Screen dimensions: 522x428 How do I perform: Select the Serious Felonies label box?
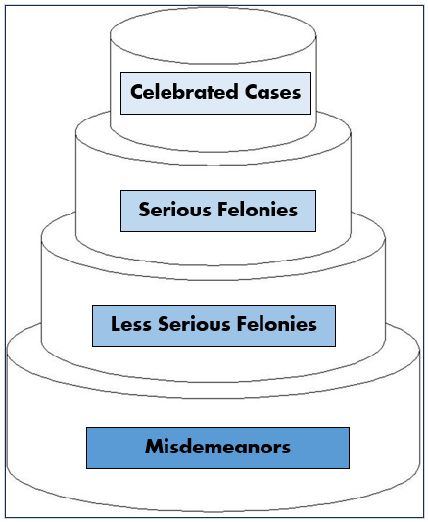(x=217, y=211)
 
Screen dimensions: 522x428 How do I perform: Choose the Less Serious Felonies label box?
(x=214, y=325)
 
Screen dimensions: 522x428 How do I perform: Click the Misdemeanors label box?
(x=217, y=448)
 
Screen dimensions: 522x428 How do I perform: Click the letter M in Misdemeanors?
(x=154, y=448)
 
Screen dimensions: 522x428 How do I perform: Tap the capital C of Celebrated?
(x=137, y=94)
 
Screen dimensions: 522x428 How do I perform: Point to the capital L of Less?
(x=115, y=325)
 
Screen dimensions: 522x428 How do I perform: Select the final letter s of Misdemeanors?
(x=286, y=448)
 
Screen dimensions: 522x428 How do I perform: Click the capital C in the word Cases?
(x=249, y=94)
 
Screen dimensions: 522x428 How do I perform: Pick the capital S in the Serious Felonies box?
(x=144, y=211)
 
